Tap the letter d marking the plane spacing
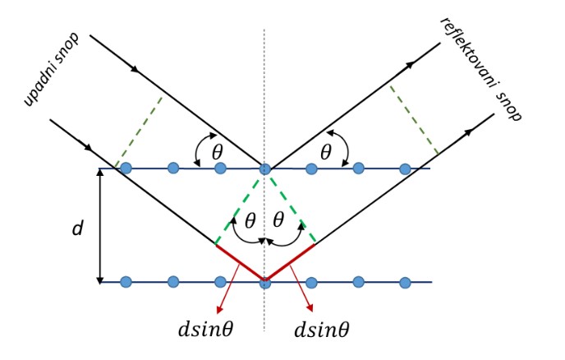click(78, 228)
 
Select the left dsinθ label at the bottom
click(206, 329)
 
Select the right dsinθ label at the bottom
click(322, 330)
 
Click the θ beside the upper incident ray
click(218, 152)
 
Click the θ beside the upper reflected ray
click(326, 152)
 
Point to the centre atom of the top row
click(264, 168)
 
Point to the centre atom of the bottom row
click(264, 283)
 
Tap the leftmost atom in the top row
click(126, 168)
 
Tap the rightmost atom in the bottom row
click(405, 282)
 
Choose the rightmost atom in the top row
click(405, 168)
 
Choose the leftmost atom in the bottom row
click(126, 282)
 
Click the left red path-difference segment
click(240, 262)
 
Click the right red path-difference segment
click(290, 262)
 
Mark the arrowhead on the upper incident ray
click(136, 68)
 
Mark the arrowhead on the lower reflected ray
click(467, 132)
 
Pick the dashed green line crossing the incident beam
click(138, 132)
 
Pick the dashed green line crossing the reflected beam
click(414, 120)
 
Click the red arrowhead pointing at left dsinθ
click(218, 310)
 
